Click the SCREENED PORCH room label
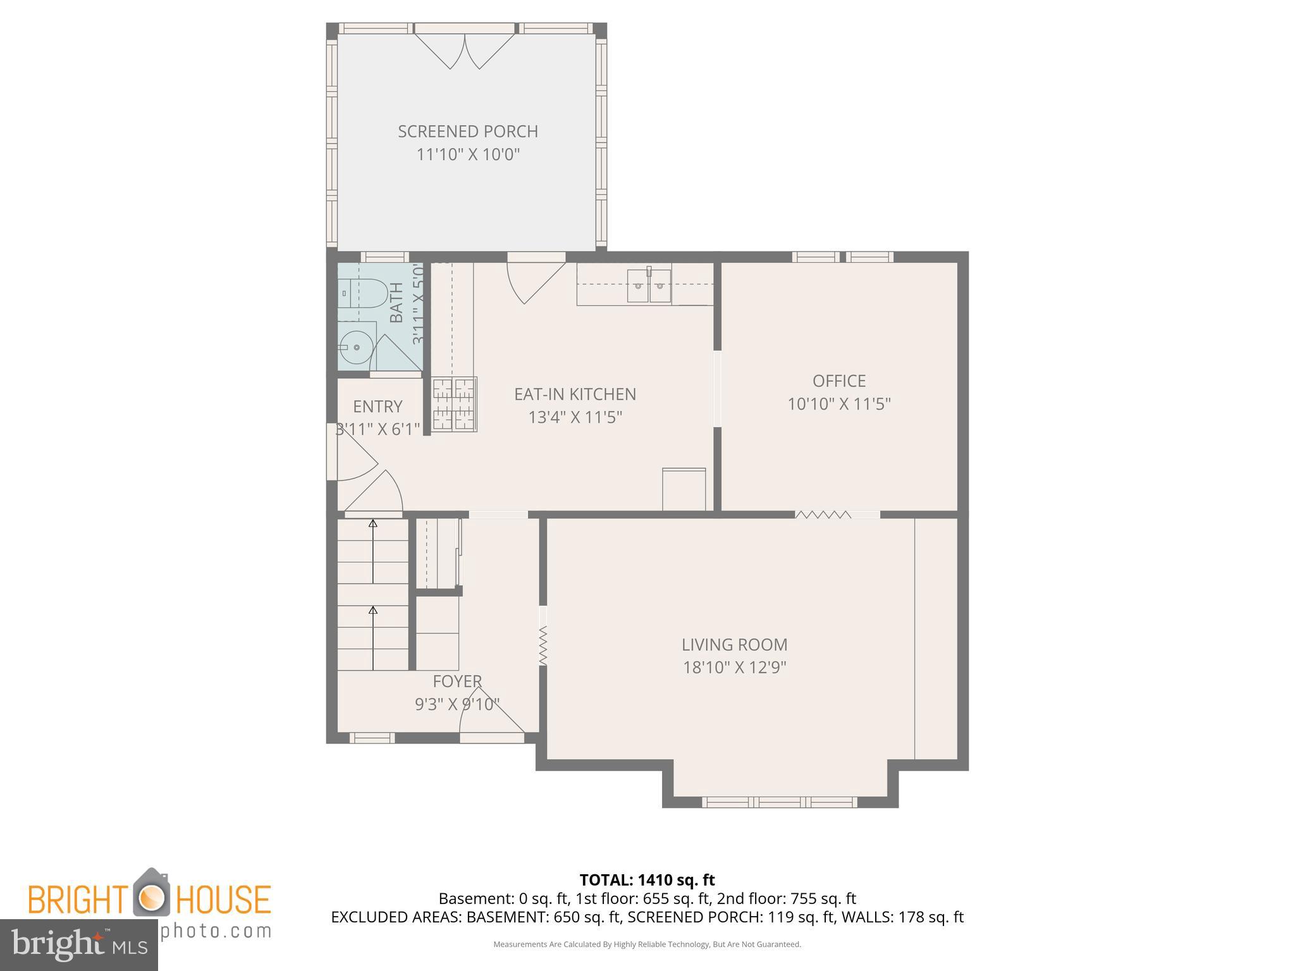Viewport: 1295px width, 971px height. (467, 131)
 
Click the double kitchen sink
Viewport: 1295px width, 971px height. (649, 286)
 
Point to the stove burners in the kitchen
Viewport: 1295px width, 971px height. (454, 404)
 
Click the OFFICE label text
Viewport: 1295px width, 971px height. (838, 381)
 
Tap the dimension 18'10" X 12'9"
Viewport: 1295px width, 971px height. (734, 668)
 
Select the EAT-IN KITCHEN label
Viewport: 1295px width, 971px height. (575, 394)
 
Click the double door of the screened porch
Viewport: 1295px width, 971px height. (465, 51)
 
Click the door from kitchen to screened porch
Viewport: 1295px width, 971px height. (534, 278)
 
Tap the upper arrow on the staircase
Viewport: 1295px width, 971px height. (373, 523)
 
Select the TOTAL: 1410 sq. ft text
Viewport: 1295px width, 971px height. (647, 880)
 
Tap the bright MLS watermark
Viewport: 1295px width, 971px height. (78, 944)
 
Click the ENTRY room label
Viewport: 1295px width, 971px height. (377, 406)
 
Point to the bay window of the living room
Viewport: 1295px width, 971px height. (779, 802)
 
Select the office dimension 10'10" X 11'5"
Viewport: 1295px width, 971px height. (838, 404)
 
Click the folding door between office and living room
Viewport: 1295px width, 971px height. (823, 515)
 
